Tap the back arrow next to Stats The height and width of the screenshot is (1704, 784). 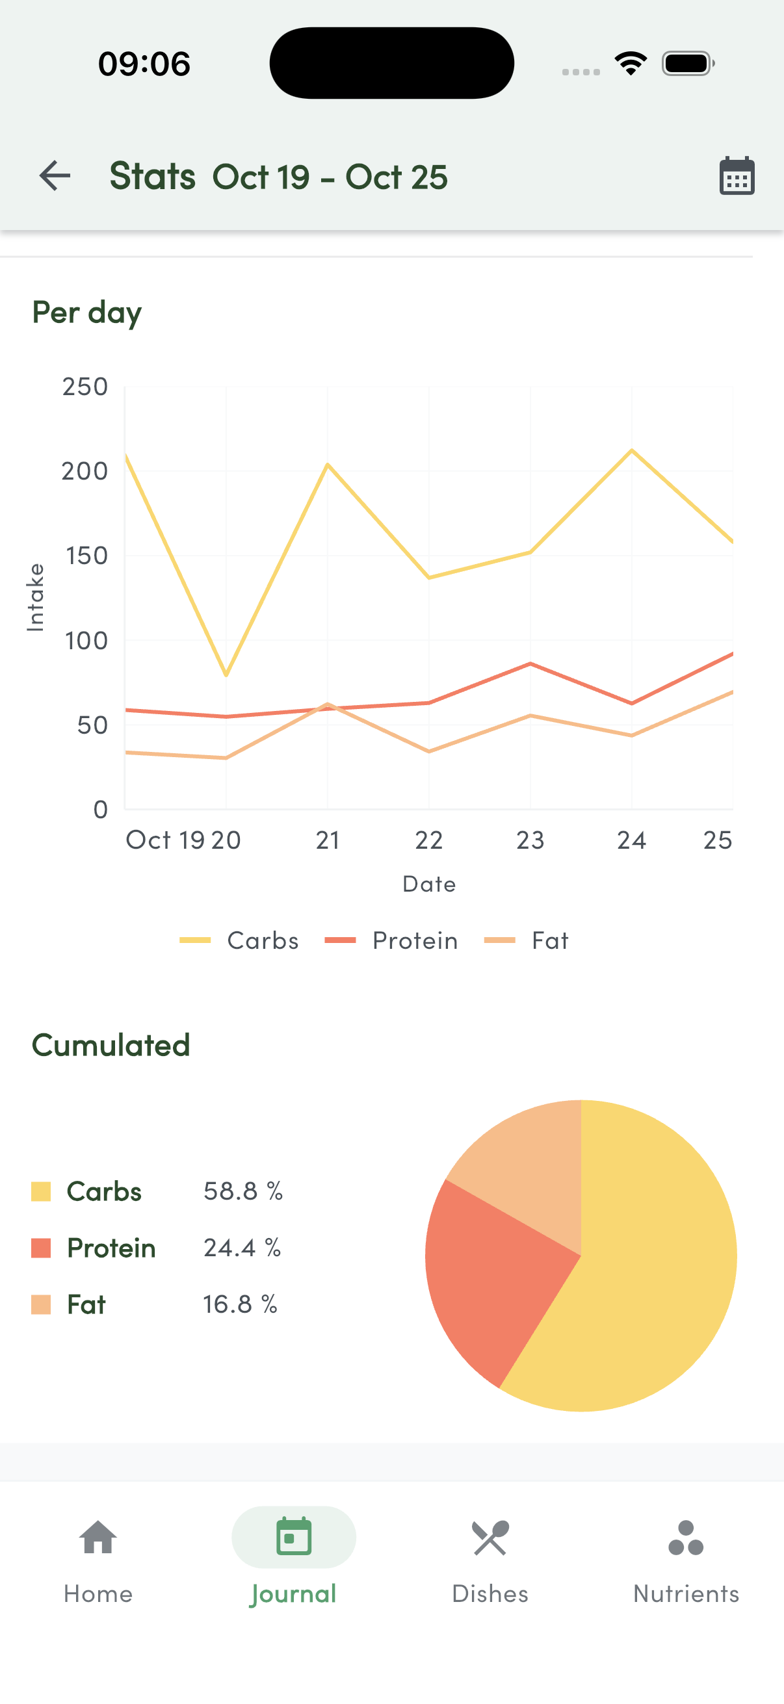pyautogui.click(x=55, y=176)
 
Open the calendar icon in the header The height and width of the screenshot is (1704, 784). pyautogui.click(x=737, y=176)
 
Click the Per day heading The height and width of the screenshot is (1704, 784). pyautogui.click(x=86, y=313)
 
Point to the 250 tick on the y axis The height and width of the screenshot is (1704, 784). pyautogui.click(x=85, y=387)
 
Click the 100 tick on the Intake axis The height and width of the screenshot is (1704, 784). pyautogui.click(x=86, y=641)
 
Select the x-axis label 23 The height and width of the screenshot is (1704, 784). pyautogui.click(x=530, y=841)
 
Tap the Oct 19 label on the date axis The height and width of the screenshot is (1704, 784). pyautogui.click(x=164, y=841)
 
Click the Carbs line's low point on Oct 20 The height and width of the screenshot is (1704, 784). pyautogui.click(x=226, y=675)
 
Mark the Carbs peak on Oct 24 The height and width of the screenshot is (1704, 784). pyautogui.click(x=632, y=450)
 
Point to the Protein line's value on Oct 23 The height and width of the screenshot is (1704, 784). pyautogui.click(x=530, y=664)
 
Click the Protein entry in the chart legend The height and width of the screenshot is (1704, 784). pyautogui.click(x=391, y=940)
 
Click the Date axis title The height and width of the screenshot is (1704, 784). pyautogui.click(x=428, y=884)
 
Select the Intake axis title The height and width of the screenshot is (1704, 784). pyautogui.click(x=36, y=597)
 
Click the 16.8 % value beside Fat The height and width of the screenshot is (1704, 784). pyautogui.click(x=239, y=1304)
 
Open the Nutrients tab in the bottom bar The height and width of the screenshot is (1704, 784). pyautogui.click(x=685, y=1561)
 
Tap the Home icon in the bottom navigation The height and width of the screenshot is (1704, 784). pyautogui.click(x=98, y=1538)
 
